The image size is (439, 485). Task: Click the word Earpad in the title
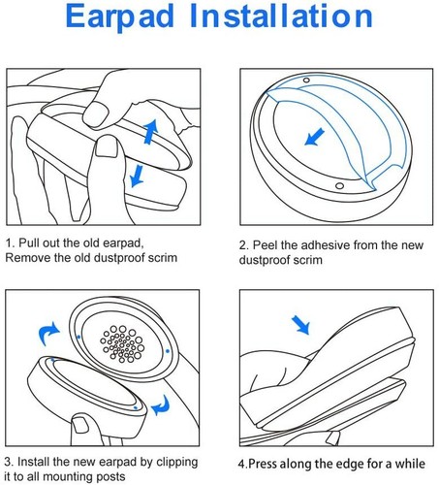tap(119, 17)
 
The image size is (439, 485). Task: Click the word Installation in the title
tap(281, 16)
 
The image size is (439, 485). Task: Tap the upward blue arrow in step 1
tap(151, 131)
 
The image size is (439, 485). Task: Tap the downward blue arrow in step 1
tap(137, 176)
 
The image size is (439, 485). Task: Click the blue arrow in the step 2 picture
tap(314, 137)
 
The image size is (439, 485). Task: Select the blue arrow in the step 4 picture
tap(300, 325)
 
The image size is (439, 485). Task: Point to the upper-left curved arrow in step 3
tap(48, 334)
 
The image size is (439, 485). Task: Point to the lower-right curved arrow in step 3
tap(161, 405)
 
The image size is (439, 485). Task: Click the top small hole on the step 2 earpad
tap(306, 80)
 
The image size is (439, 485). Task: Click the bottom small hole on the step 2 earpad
tap(339, 186)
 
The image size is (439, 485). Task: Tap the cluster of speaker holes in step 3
tap(121, 343)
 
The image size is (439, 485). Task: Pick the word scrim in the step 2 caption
tap(308, 260)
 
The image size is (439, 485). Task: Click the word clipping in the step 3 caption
tap(176, 463)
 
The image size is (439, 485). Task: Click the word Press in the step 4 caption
tap(262, 464)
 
